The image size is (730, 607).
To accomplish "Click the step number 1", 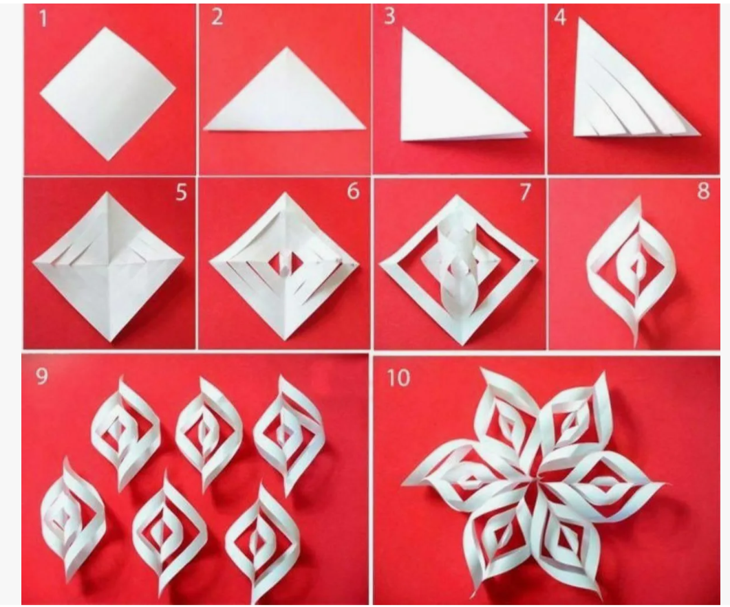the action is [x=43, y=19].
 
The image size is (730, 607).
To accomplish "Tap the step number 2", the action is [x=217, y=17].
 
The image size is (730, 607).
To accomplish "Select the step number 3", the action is [x=389, y=16].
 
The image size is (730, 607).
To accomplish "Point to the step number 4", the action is [x=560, y=17].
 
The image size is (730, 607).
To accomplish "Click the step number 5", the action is [x=181, y=192].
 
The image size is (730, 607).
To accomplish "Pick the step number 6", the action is [x=354, y=191].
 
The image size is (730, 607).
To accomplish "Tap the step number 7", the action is [x=525, y=192].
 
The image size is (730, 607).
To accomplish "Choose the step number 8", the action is [x=703, y=191].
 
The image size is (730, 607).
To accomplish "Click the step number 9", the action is [x=42, y=376].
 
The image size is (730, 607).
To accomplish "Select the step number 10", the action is [x=399, y=378].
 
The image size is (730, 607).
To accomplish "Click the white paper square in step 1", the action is [x=107, y=94].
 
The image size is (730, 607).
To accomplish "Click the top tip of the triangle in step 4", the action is [x=579, y=18].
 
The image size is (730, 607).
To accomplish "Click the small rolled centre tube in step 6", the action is [x=284, y=265].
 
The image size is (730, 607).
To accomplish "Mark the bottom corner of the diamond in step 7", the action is [x=462, y=344].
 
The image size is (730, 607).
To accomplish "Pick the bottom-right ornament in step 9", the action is [x=259, y=540].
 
